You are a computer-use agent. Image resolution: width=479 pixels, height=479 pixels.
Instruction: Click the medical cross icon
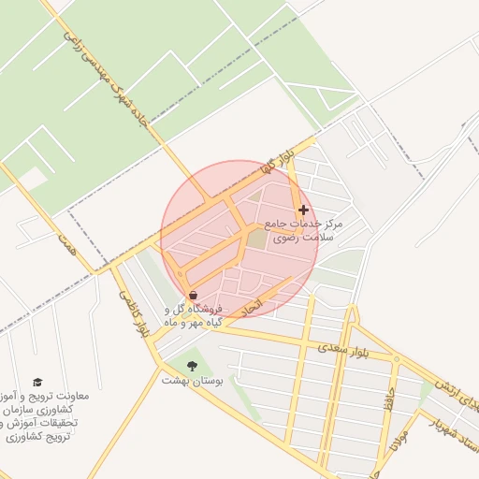click(x=302, y=210)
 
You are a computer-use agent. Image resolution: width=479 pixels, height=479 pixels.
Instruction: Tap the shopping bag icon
click(x=193, y=295)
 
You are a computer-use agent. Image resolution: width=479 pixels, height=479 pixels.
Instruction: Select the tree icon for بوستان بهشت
click(x=193, y=365)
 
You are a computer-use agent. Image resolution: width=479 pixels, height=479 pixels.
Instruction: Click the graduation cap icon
click(x=37, y=382)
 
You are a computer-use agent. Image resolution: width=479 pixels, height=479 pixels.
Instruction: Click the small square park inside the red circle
click(x=255, y=239)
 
